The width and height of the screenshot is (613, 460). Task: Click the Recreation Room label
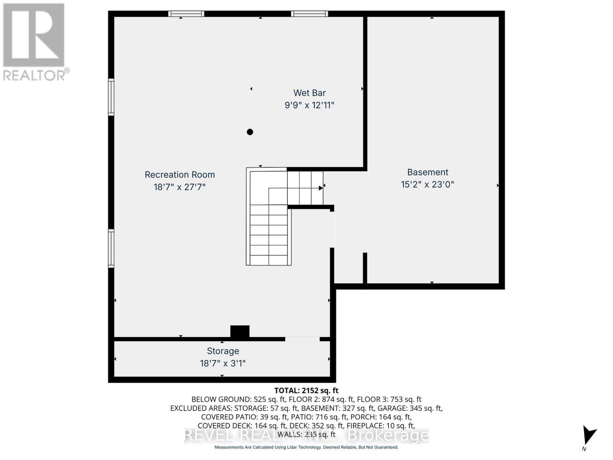tap(180, 175)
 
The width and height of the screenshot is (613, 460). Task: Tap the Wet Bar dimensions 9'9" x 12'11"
tap(309, 105)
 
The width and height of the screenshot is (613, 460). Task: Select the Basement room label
tap(428, 172)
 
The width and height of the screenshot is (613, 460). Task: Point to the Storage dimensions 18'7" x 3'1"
tap(223, 363)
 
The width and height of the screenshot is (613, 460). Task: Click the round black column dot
tap(250, 132)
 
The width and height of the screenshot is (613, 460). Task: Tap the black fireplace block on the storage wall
tap(240, 331)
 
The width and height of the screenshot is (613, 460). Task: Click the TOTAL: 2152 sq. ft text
tap(306, 391)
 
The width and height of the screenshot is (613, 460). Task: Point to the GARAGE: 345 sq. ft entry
tap(416, 408)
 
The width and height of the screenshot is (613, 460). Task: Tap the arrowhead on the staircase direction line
tap(320, 188)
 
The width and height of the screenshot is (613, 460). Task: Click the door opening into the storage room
tap(302, 339)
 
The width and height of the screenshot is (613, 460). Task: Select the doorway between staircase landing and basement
tap(332, 229)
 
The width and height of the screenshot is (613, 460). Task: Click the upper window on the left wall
tap(111, 97)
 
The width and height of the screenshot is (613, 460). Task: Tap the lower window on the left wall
tap(111, 248)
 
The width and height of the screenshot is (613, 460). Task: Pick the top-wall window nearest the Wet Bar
tap(309, 14)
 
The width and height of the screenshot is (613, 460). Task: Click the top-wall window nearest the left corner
tap(186, 14)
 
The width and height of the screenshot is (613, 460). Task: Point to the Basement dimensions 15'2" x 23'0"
tap(427, 184)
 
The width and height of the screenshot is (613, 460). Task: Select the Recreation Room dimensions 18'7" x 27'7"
tap(180, 187)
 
